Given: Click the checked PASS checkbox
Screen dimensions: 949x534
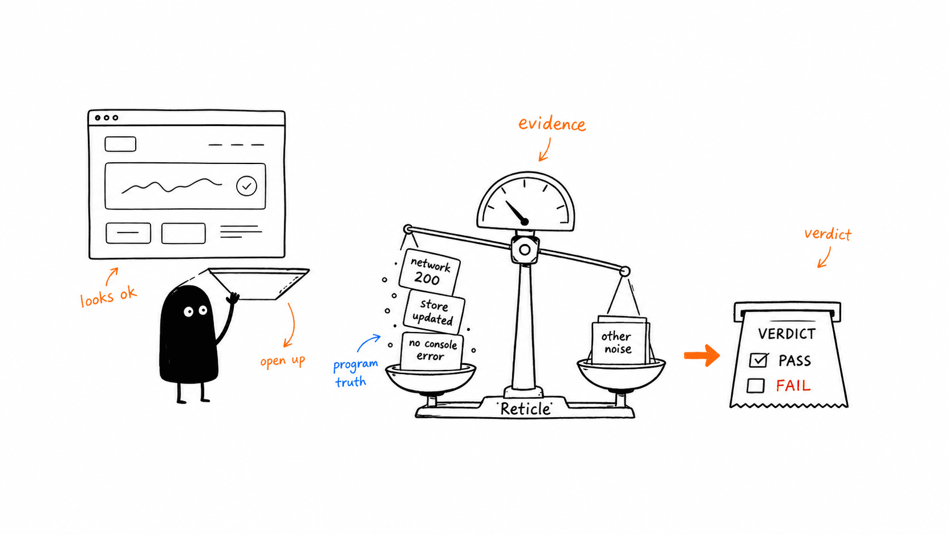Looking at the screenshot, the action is coord(758,360).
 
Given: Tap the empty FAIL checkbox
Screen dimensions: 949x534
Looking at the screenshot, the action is coord(756,386).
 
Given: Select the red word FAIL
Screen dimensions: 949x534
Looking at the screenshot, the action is coord(793,386).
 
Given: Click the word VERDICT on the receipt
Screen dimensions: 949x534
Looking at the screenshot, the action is coord(787,334).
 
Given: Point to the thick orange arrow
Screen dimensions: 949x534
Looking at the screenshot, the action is coord(702,355).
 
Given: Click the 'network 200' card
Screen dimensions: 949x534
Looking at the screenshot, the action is coord(430,272).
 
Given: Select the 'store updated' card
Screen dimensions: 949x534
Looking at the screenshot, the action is coord(434,312).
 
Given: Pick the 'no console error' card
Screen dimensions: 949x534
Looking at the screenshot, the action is coord(432,351).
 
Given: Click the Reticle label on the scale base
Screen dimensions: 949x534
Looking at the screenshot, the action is coord(526,409).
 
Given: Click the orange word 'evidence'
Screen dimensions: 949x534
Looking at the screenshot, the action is coord(552,124).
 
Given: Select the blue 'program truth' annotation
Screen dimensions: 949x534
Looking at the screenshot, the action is coord(355,373).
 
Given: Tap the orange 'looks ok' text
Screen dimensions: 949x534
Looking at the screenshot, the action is coord(108,296).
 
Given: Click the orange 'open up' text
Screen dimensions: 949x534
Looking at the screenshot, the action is coord(283,361).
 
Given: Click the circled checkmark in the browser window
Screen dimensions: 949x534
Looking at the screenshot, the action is coord(246,186).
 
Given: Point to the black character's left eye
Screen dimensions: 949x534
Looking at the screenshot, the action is coord(188,312).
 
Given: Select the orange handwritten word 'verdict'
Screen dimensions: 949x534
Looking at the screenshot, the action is coord(828,234).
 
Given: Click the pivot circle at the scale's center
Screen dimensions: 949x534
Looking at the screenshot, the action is coord(524,250).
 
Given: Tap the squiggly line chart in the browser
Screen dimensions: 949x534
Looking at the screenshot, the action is coord(171,186).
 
